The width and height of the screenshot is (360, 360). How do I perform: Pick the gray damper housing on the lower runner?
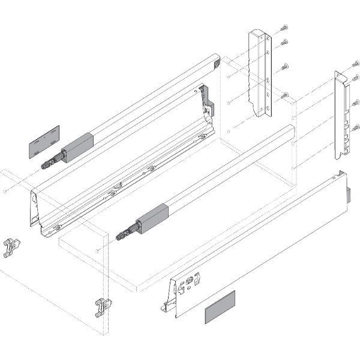[x=152, y=217]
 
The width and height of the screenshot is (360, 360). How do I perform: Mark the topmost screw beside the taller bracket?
[x=284, y=27]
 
